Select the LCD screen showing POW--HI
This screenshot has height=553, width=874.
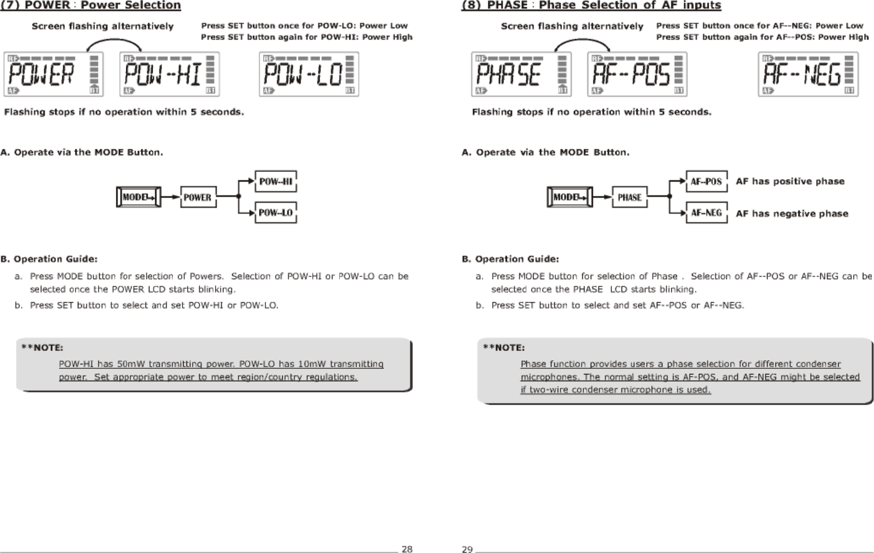click(170, 74)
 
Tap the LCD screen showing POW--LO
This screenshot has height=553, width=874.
click(309, 74)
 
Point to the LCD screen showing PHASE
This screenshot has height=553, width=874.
click(521, 74)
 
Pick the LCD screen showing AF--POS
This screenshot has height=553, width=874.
click(637, 74)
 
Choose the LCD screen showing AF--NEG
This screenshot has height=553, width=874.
click(808, 74)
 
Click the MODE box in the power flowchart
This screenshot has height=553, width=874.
click(138, 197)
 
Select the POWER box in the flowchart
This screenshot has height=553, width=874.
click(198, 197)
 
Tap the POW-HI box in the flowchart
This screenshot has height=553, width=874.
click(276, 181)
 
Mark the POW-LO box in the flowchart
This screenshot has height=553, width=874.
click(276, 213)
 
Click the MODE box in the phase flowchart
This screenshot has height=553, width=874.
click(569, 197)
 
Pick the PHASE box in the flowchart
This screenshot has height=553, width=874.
click(630, 197)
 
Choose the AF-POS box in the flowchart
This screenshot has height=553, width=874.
click(707, 181)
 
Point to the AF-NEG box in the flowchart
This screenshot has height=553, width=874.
click(707, 213)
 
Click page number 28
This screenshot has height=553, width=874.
click(407, 549)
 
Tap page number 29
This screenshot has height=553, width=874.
click(467, 549)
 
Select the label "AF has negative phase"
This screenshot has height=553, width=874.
click(792, 213)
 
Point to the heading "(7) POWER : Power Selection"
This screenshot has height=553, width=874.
click(91, 6)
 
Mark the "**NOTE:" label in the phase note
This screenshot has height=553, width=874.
click(504, 348)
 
